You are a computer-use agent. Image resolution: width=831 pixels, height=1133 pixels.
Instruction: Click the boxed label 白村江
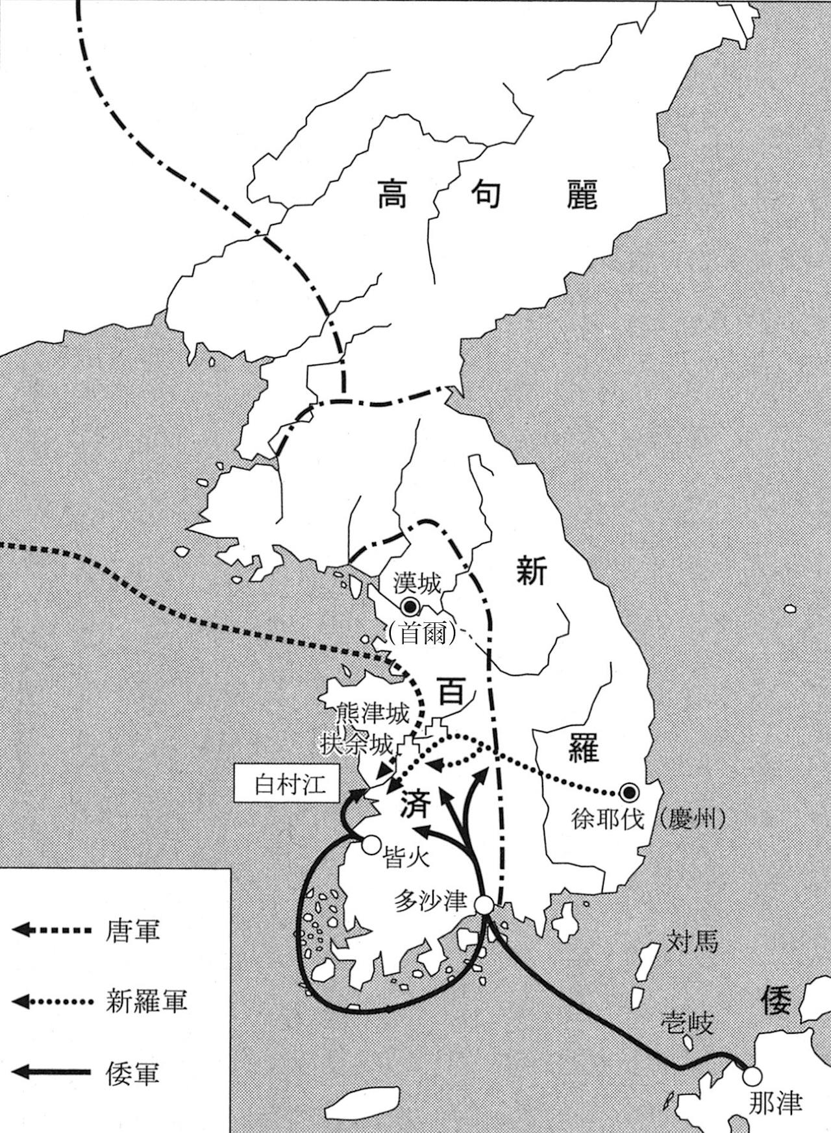287,786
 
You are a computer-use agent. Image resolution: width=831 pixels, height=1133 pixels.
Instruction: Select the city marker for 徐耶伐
628,792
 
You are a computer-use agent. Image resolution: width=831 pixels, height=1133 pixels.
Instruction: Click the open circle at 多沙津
484,904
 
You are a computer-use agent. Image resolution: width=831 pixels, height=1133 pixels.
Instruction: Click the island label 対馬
692,941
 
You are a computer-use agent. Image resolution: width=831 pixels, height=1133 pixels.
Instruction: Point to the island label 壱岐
688,1023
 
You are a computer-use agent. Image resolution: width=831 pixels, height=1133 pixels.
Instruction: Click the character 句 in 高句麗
485,193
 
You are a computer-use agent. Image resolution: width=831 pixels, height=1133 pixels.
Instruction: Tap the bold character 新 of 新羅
531,572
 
